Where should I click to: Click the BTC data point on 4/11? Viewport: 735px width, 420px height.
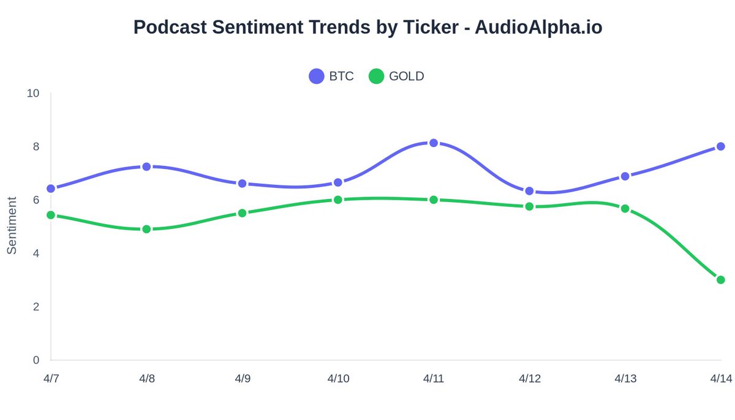pyautogui.click(x=434, y=143)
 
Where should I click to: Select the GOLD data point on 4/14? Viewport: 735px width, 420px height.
pyautogui.click(x=721, y=280)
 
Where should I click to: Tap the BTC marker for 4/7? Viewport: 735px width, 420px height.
pyautogui.click(x=51, y=189)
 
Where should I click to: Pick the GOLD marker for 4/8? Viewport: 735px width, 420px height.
pyautogui.click(x=146, y=229)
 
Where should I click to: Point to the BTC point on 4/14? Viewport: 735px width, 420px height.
pyautogui.click(x=721, y=146)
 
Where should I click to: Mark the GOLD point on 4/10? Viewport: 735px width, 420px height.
pyautogui.click(x=338, y=200)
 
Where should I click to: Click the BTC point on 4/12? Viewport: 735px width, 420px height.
pyautogui.click(x=529, y=191)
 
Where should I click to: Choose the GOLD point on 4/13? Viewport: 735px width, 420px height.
pyautogui.click(x=625, y=209)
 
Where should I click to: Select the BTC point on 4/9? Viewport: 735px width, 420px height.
pyautogui.click(x=243, y=184)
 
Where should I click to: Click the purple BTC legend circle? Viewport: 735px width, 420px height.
pyautogui.click(x=317, y=77)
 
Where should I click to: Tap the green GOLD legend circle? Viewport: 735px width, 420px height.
pyautogui.click(x=377, y=77)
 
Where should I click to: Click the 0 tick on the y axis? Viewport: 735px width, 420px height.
pyautogui.click(x=36, y=360)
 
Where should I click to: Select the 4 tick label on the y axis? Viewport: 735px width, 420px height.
pyautogui.click(x=36, y=253)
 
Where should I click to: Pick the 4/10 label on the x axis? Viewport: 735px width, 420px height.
pyautogui.click(x=338, y=379)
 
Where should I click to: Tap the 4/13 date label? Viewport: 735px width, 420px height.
pyautogui.click(x=625, y=379)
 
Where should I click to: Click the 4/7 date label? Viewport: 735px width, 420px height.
pyautogui.click(x=51, y=379)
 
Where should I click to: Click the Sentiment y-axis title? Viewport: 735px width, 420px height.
pyautogui.click(x=12, y=225)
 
